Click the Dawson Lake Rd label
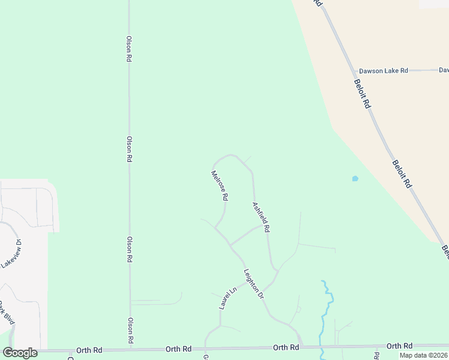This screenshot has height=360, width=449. pos(383,71)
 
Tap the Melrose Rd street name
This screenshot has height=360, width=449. pos(220,185)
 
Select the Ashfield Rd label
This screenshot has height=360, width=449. pos(261,217)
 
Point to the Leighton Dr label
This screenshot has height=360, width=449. pos(253,284)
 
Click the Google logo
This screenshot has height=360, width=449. pos(20,353)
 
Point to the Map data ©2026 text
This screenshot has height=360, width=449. pos(423,355)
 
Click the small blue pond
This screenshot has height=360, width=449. pos(355,178)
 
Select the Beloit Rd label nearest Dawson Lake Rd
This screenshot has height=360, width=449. pos(362,94)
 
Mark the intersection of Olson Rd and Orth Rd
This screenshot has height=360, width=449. pos(130,349)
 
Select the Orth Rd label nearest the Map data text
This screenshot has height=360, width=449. pos(399,346)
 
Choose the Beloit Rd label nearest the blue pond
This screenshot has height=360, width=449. pos(402,174)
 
